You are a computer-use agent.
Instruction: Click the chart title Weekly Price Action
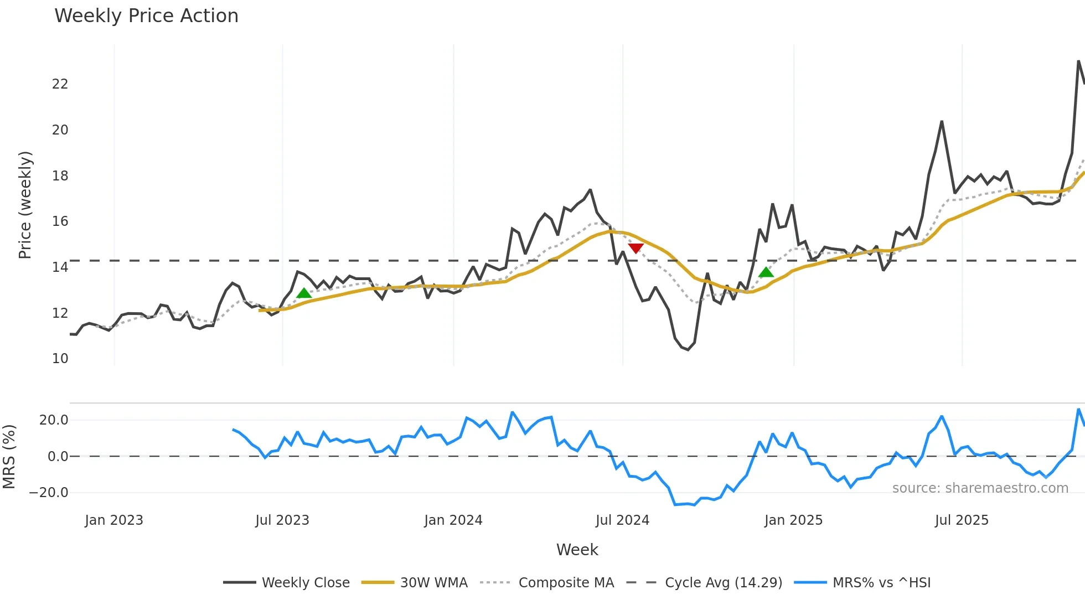[146, 16]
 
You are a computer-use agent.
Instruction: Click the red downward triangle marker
[635, 248]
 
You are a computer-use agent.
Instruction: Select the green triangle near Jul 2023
[304, 293]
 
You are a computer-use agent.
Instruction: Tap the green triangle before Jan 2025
[766, 272]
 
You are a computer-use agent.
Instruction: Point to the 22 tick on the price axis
[60, 84]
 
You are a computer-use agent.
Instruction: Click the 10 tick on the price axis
[60, 359]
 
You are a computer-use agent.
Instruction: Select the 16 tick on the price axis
[60, 221]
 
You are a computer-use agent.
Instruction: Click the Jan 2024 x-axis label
[453, 520]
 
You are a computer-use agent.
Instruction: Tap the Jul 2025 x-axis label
[962, 520]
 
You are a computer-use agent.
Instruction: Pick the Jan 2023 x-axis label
[114, 520]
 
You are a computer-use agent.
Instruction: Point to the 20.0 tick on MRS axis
[54, 420]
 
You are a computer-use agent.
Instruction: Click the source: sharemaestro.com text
[980, 488]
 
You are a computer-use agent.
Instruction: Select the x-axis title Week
[577, 550]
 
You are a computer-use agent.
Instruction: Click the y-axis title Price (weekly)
[25, 205]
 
